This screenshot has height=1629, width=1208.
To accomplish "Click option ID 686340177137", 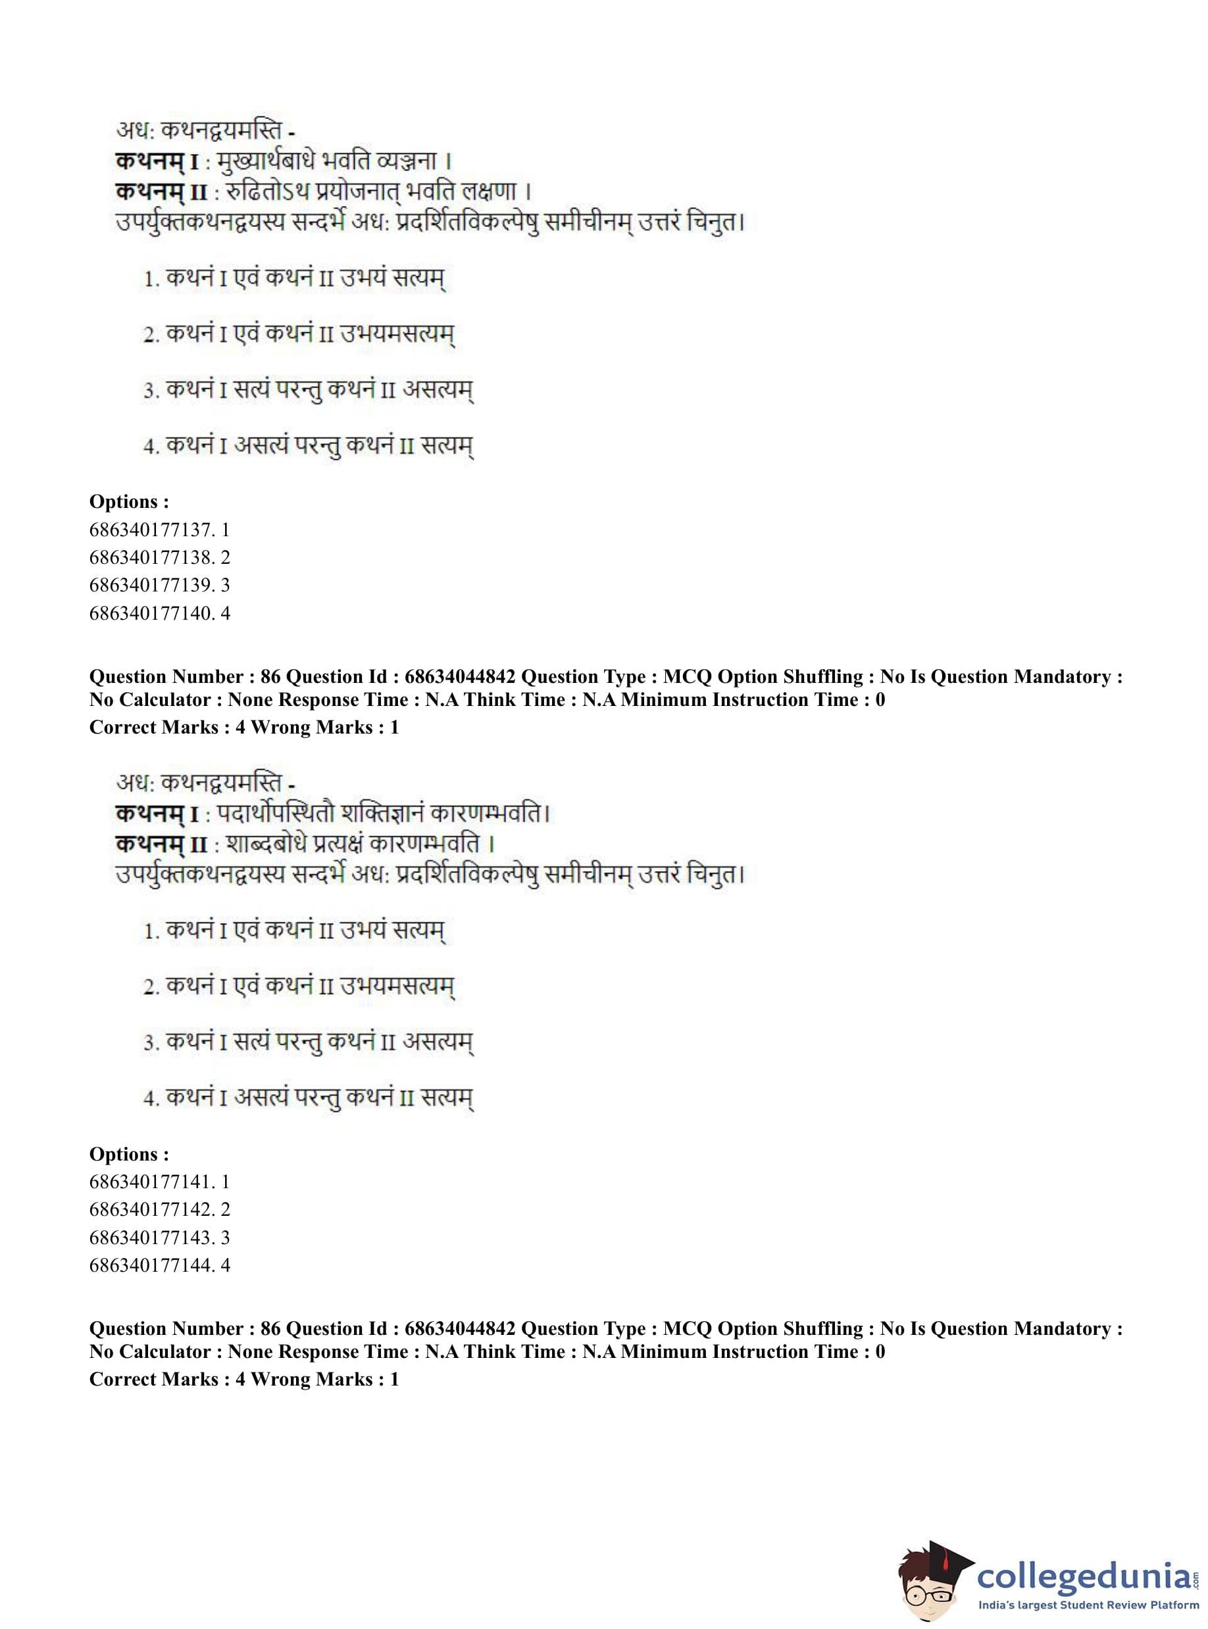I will click(x=159, y=530).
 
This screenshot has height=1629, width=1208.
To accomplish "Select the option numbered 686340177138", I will click(x=159, y=557).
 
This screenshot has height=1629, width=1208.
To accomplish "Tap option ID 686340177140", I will click(x=159, y=613).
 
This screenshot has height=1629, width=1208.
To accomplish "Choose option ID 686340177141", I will click(x=159, y=1182).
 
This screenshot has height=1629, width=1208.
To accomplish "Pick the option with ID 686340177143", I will click(x=159, y=1237).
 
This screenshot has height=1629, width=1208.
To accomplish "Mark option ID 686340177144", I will click(x=159, y=1265).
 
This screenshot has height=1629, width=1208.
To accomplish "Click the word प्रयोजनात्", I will click(x=343, y=191).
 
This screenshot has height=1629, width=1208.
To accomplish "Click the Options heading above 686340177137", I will click(x=129, y=501).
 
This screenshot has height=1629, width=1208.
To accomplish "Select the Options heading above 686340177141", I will click(x=129, y=1154).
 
